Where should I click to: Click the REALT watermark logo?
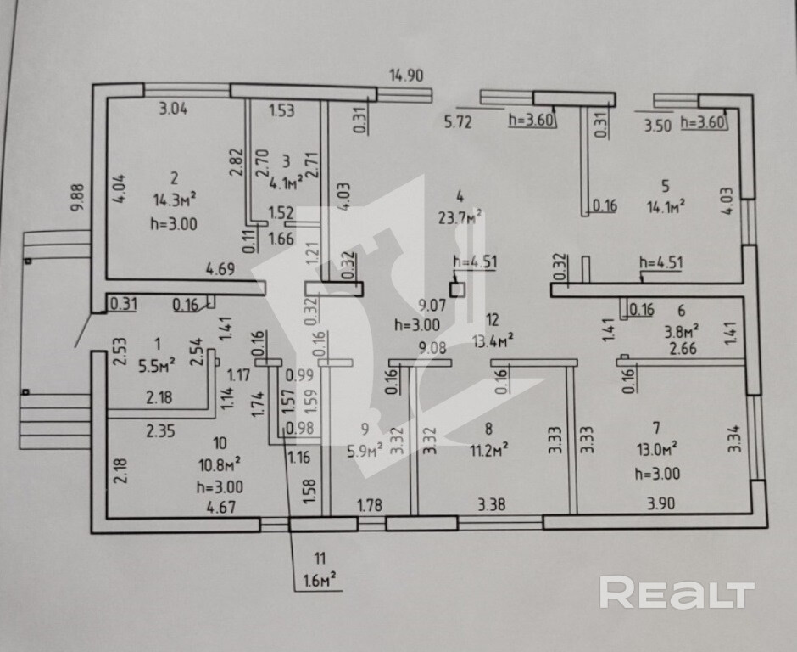tap(677, 593)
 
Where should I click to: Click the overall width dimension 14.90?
tap(406, 75)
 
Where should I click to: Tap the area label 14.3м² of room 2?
tap(176, 200)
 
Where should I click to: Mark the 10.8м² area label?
tap(220, 464)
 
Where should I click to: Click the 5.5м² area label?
tap(157, 365)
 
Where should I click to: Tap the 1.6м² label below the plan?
tap(320, 581)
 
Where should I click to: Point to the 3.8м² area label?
tap(680, 329)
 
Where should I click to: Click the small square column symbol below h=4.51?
tap(457, 289)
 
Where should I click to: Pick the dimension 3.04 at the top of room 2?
tap(173, 108)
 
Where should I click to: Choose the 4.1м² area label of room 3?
tap(286, 182)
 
